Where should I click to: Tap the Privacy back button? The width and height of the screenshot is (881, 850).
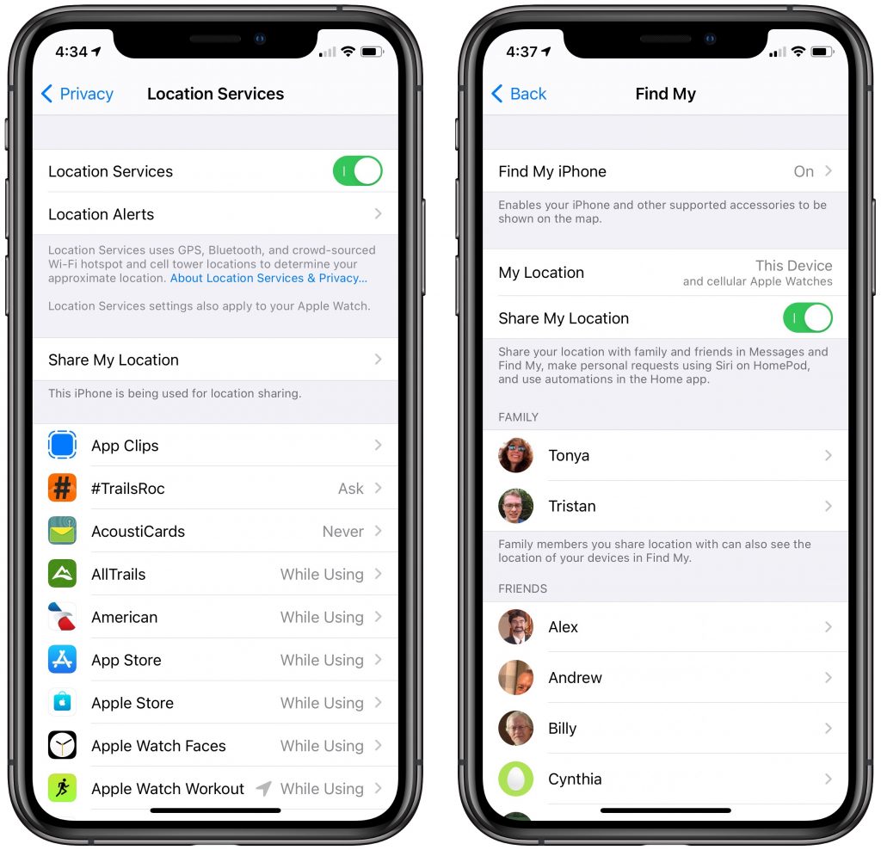pos(77,94)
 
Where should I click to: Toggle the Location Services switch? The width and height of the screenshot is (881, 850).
pos(357,171)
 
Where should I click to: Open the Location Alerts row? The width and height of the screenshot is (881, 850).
pos(215,214)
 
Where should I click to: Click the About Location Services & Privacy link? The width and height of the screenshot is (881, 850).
pos(268,278)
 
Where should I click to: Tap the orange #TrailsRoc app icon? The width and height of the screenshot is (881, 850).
pos(62,488)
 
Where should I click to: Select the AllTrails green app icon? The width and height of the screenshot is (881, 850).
pos(62,574)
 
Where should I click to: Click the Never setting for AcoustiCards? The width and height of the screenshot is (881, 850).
pos(342,532)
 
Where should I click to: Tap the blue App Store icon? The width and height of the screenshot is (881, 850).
pos(62,660)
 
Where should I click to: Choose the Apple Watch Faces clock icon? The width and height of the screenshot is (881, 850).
pos(62,746)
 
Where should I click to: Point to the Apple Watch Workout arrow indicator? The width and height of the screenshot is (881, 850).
pos(263,788)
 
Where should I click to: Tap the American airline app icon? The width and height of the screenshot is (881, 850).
pos(62,616)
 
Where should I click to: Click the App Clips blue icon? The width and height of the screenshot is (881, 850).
pos(62,445)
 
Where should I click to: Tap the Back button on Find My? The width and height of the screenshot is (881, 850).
pos(519,94)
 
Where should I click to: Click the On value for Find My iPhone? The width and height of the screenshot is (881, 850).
pos(804,171)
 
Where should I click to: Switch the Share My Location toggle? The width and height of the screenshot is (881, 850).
pos(807,318)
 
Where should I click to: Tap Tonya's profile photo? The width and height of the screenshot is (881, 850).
pos(516,455)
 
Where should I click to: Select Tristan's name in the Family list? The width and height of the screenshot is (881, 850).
pos(572,506)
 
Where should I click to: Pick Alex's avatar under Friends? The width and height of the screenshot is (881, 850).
pos(516,626)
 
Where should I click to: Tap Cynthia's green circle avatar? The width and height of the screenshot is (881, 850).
pos(516,779)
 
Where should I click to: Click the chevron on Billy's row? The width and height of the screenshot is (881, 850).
pos(829,728)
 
